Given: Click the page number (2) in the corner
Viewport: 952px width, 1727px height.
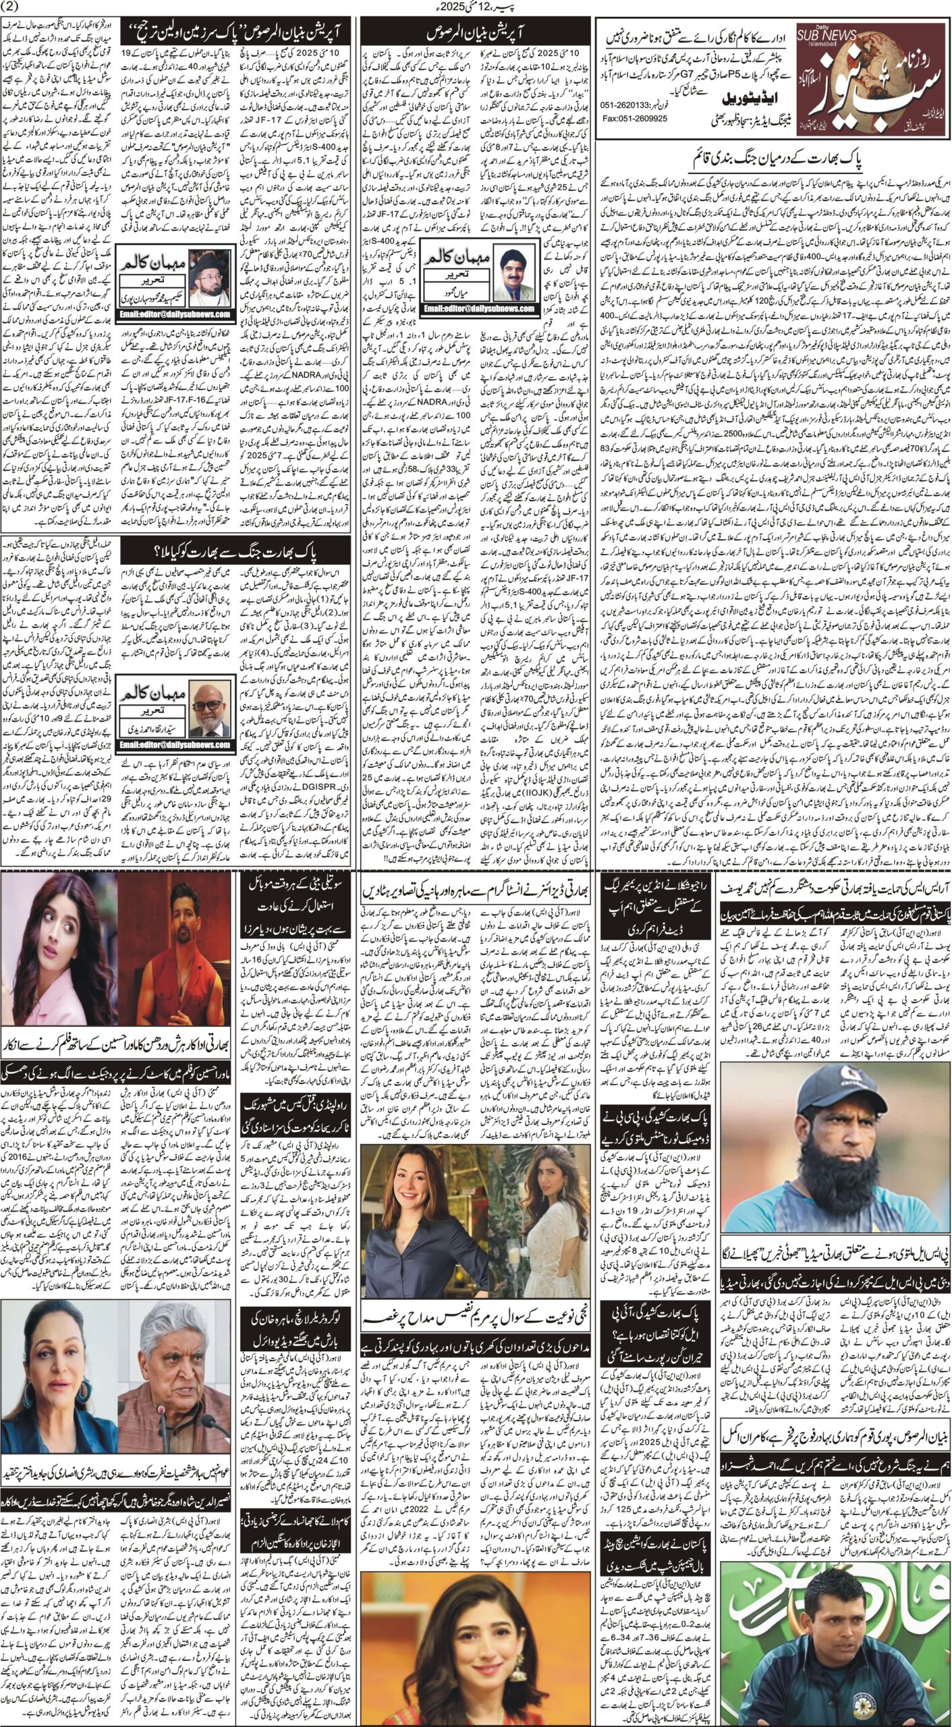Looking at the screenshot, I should coord(15,8).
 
